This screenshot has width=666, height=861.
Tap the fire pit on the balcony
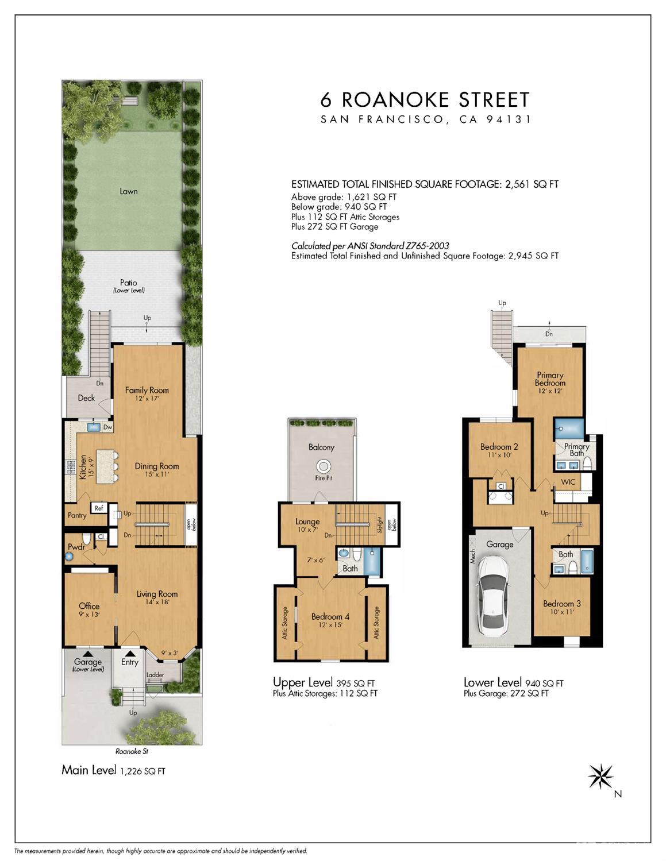pyautogui.click(x=324, y=466)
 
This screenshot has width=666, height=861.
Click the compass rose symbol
pyautogui.click(x=600, y=776)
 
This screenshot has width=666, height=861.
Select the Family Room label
pyautogui.click(x=147, y=390)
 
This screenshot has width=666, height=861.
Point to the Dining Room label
pyautogui.click(x=157, y=466)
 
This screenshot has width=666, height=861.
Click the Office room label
pyautogui.click(x=89, y=606)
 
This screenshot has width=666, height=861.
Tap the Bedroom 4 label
pyautogui.click(x=330, y=616)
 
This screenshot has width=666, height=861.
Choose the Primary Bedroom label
pyautogui.click(x=550, y=379)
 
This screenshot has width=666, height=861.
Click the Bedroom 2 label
pyautogui.click(x=499, y=446)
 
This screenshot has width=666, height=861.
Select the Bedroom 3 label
pyautogui.click(x=562, y=604)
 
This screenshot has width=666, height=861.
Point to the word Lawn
pyautogui.click(x=129, y=191)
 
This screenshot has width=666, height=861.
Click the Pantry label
pyautogui.click(x=77, y=515)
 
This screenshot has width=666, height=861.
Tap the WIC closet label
pyautogui.click(x=568, y=482)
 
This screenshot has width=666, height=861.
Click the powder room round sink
pyautogui.click(x=69, y=557)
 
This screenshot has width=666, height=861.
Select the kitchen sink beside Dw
pyautogui.click(x=93, y=427)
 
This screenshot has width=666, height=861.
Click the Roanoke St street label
pyautogui.click(x=132, y=751)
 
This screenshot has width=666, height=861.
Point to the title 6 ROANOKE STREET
pyautogui.click(x=425, y=99)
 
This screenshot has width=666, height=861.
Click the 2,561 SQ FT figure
pyautogui.click(x=532, y=184)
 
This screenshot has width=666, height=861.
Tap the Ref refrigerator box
pyautogui.click(x=99, y=508)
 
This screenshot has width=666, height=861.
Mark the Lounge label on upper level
pyautogui.click(x=307, y=522)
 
